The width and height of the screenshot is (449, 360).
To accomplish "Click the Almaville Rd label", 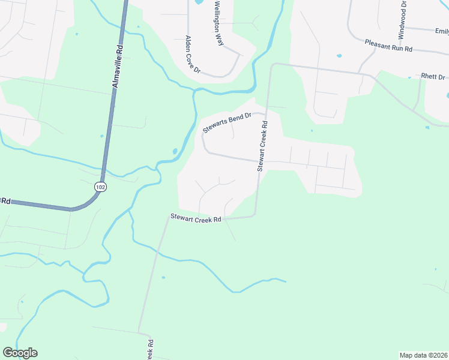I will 118,65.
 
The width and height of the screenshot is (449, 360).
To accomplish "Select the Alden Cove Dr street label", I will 191,54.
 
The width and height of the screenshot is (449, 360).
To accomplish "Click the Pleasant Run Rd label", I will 389,45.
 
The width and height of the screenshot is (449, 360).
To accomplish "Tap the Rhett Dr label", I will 433,77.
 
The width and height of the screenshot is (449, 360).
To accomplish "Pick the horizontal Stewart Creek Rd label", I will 196,218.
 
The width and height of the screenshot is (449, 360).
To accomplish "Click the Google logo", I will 20,353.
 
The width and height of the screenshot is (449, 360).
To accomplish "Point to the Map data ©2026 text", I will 423,355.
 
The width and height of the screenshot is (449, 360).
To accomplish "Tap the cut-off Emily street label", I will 442,31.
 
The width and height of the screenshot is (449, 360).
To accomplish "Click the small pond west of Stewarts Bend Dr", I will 175,151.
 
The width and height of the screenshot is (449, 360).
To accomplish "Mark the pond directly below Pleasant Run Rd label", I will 339,56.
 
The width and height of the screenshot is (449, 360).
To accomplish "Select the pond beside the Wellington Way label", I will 199,2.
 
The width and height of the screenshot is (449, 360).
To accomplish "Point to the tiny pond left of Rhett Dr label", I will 409,77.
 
